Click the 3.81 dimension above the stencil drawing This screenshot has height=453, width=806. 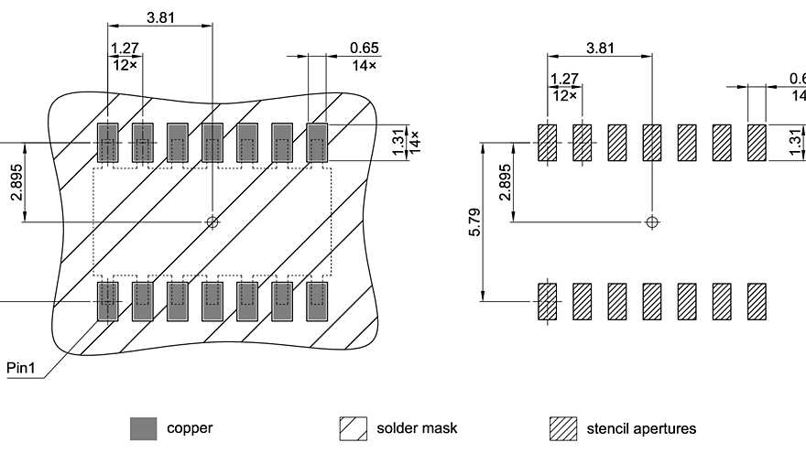coord(600,48)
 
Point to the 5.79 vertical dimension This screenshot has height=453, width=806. coord(474,221)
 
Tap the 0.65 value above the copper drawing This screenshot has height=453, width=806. coord(364,48)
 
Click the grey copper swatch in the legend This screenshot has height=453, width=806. coord(144,428)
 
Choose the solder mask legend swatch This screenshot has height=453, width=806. coord(354,428)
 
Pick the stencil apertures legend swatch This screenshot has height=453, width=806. coord(563,428)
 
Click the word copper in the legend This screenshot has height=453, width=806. coord(190,428)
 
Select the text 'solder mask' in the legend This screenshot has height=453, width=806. coord(417,428)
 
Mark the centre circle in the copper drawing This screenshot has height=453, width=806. coord(212,221)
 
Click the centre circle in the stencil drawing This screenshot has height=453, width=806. coord(651,221)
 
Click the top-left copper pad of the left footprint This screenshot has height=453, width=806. coord(108,144)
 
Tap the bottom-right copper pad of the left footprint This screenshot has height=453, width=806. coord(317,299)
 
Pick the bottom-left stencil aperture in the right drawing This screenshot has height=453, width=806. coord(547,301)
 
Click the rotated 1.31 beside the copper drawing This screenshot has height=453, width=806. coord(398,142)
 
